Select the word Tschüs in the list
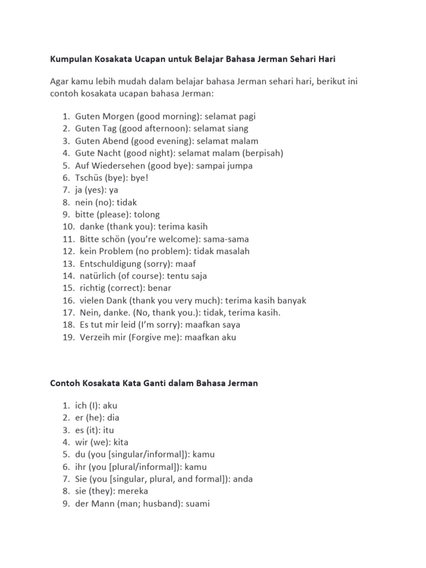click(88, 177)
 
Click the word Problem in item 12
click(114, 251)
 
